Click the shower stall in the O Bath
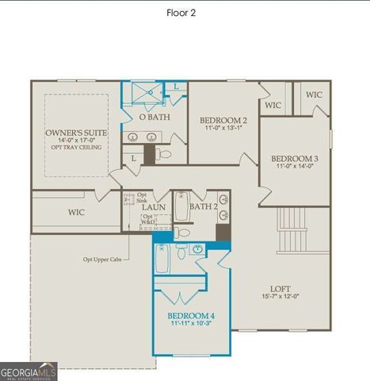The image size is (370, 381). click(145, 93)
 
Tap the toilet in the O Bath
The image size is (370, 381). click(161, 152)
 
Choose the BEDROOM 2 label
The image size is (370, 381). click(223, 120)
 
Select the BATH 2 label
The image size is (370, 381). click(204, 207)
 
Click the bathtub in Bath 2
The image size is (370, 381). click(181, 207)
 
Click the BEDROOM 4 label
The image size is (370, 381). click(191, 315)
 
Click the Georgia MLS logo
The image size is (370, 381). click(29, 371)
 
